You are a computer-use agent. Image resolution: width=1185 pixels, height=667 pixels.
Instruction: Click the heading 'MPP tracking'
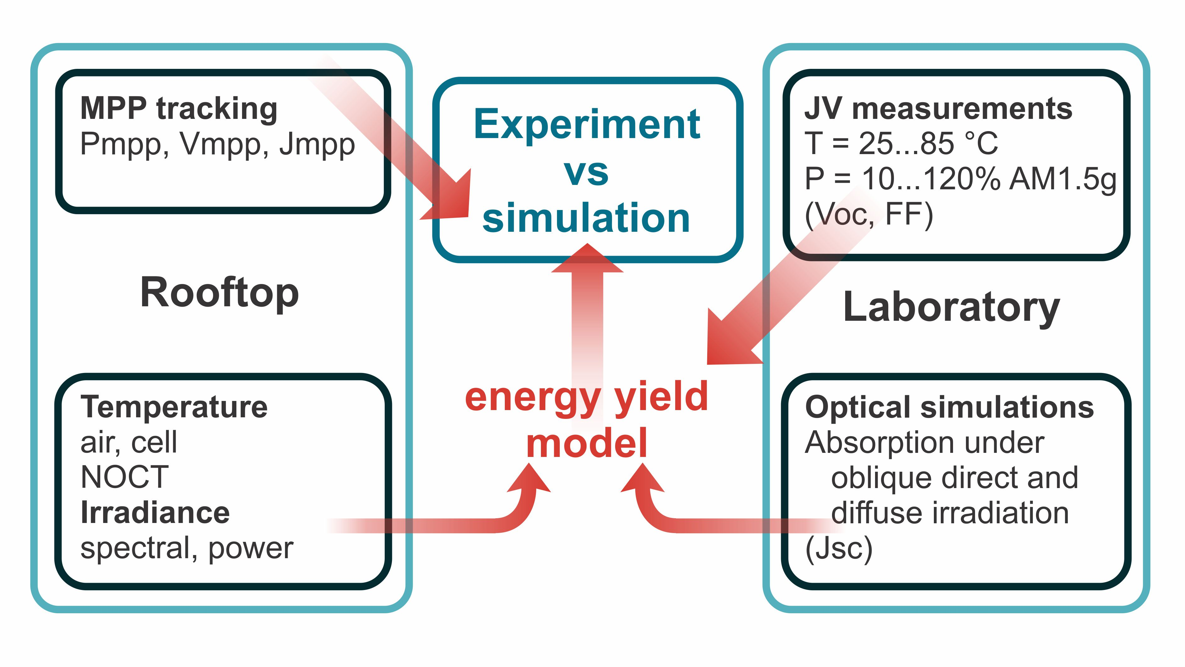(179, 109)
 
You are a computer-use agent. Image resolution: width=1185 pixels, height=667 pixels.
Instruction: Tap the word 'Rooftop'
(219, 293)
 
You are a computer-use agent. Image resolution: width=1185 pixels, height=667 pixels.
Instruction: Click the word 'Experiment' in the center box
(587, 125)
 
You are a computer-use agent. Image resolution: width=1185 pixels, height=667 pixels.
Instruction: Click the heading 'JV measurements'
(939, 109)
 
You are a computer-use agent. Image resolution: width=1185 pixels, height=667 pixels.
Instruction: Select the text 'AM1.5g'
(1063, 180)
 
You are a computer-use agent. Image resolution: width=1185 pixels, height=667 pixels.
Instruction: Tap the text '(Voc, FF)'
(869, 214)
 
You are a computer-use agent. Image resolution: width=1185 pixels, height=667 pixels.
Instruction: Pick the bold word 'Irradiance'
(155, 513)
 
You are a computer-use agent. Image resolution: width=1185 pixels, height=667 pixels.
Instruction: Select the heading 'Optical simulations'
(950, 408)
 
